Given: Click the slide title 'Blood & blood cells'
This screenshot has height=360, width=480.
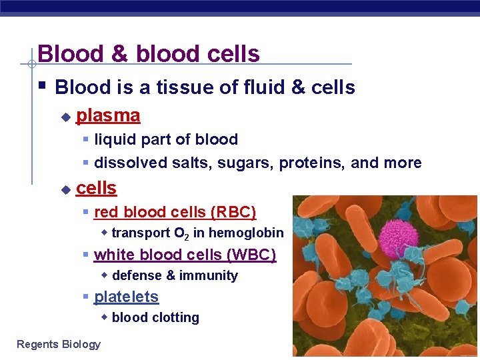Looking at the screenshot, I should (149, 53).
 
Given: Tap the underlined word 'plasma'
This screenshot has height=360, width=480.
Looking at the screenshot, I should (108, 115).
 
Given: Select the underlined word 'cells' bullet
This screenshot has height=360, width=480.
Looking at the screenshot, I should (96, 188).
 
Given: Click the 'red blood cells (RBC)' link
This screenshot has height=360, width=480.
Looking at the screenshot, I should (175, 212).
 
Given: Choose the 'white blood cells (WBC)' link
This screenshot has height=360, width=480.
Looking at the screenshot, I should (185, 255).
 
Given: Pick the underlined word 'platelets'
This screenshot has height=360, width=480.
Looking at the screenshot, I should (126, 297).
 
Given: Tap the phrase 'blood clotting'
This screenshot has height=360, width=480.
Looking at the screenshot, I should (155, 317).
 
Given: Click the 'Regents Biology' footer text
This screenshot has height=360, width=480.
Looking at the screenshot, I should (59, 344).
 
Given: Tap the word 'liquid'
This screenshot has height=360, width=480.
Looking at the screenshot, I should (113, 139).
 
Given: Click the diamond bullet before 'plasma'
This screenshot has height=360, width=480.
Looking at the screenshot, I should (65, 117).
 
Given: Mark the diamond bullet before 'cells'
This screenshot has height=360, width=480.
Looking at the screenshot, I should (65, 189).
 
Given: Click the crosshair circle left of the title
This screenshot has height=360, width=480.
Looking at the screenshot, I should (31, 65).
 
